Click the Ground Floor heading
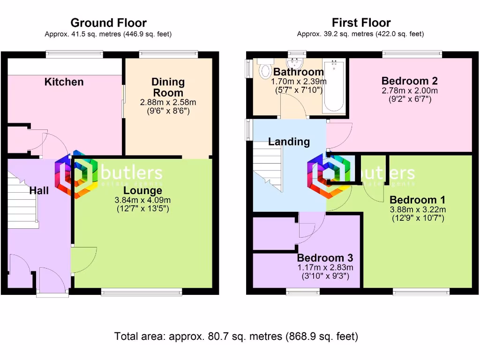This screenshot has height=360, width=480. point(108,22)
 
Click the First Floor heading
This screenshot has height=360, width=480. point(361,22)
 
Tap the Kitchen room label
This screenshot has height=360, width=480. point(64,82)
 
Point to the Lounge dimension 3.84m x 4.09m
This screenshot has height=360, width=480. point(142,200)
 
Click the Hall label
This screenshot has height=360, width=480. point(39,191)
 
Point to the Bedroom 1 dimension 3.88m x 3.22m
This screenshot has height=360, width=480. point(418,210)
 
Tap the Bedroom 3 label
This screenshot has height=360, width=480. point(325,258)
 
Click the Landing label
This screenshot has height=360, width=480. point(289,142)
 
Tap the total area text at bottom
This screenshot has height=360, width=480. point(236,336)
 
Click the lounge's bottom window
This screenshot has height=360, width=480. point(142,292)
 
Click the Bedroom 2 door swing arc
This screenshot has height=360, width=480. point(338,135)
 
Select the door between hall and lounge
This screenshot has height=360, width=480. point(83,260)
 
